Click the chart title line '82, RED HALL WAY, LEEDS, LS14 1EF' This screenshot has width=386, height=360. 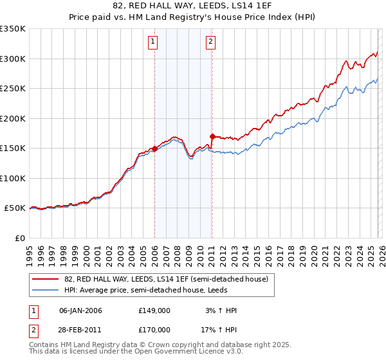[193, 6]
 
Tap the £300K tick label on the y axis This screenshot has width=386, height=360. [13, 59]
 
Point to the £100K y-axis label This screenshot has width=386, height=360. [13, 178]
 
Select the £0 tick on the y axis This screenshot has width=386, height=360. [19, 238]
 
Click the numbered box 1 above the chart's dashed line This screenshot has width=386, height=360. [153, 42]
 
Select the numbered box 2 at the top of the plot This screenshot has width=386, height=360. [210, 42]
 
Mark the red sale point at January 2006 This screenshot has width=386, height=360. [154, 149]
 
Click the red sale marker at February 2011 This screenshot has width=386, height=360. [212, 136]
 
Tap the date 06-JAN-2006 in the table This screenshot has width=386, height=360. [80, 310]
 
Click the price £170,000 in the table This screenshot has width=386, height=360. [154, 329]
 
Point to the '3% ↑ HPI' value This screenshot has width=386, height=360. [221, 310]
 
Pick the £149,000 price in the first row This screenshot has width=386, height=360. [154, 310]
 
